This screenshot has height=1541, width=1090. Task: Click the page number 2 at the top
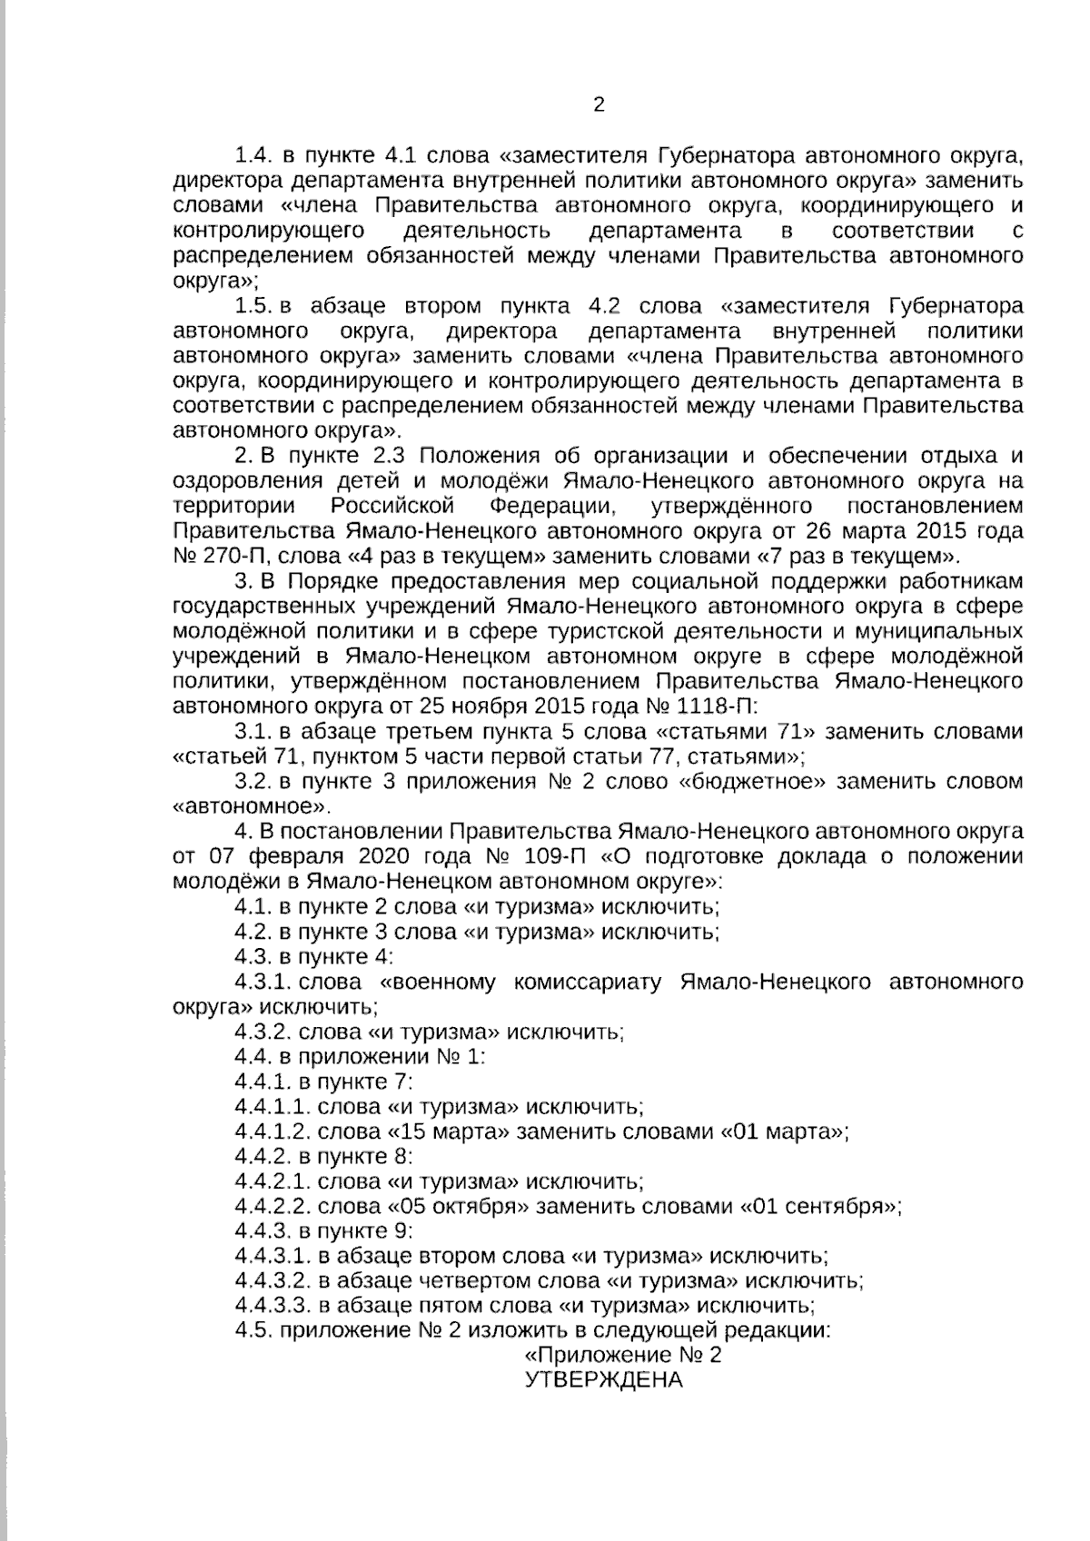[x=598, y=104]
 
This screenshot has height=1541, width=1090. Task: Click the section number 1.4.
[x=253, y=152]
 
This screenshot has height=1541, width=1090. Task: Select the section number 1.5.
[x=253, y=304]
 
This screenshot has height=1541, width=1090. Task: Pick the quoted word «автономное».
[x=245, y=805]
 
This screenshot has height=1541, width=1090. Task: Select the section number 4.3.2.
[x=263, y=1032]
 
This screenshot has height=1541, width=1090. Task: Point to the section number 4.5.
[x=253, y=1331]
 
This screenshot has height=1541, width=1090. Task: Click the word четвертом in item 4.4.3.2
[x=473, y=1281]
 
